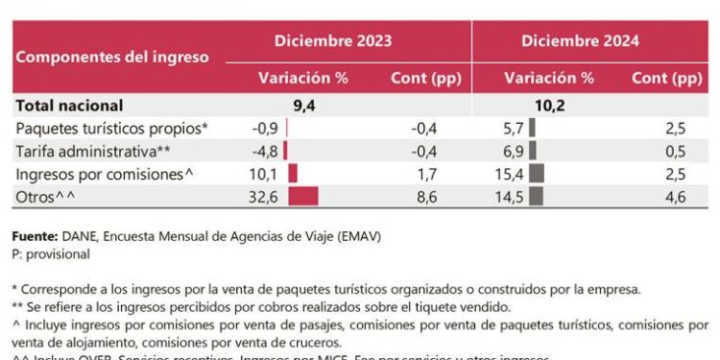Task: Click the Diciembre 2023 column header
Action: pos(333,41)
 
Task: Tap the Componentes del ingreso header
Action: pos(112,57)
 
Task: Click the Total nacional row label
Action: pos(68,106)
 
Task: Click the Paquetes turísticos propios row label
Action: pos(112,128)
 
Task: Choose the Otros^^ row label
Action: pos(45,197)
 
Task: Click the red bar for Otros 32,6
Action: pos(302,197)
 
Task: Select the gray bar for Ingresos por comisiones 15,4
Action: pos(537,174)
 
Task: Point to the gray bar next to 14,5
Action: pos(536,197)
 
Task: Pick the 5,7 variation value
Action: pos(514,128)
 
